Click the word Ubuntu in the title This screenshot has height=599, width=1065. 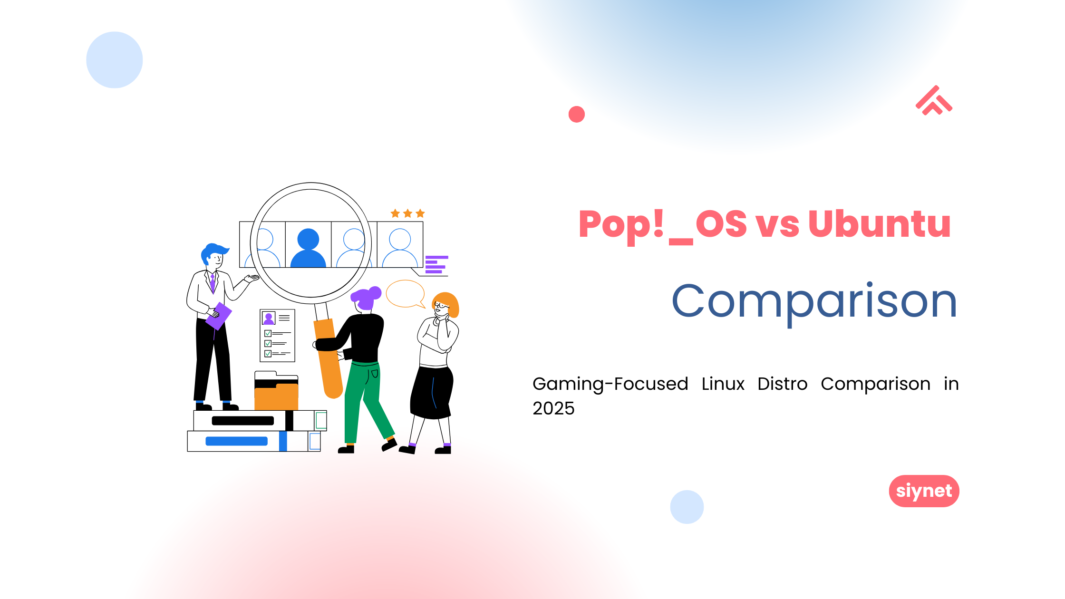(879, 223)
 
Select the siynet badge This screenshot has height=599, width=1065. (924, 491)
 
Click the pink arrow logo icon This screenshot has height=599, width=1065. (934, 100)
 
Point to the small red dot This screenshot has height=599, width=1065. (576, 114)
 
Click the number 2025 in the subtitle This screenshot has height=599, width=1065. (553, 408)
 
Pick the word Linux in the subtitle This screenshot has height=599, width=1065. (723, 384)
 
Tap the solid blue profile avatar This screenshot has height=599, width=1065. (308, 248)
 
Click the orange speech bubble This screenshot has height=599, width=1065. (406, 294)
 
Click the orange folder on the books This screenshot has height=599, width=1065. (276, 397)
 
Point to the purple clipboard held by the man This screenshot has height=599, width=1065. (219, 316)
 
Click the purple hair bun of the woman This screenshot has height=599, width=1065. (375, 292)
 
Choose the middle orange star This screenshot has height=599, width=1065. (407, 213)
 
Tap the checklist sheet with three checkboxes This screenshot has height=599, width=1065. (278, 336)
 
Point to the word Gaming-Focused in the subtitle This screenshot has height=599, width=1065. (610, 384)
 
